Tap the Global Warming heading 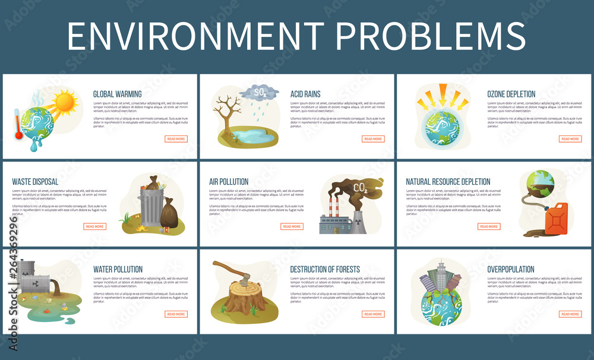tap(117, 94)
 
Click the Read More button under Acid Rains tap(373, 139)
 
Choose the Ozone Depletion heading tap(511, 94)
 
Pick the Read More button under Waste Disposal tap(95, 226)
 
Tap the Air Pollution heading tap(229, 181)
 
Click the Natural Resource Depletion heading tap(448, 181)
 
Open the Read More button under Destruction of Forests tap(373, 314)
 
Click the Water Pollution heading tap(118, 269)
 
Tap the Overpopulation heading tap(511, 269)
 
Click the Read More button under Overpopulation tap(570, 314)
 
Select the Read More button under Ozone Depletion tap(570, 139)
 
